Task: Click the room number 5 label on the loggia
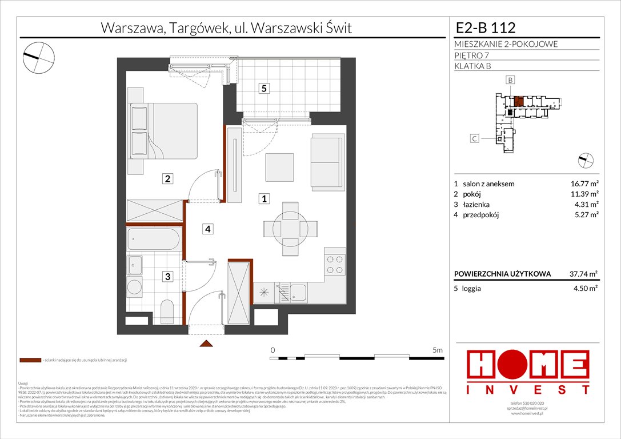[x=263, y=89]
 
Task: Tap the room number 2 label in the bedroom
[x=167, y=178]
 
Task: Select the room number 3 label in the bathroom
[x=167, y=277]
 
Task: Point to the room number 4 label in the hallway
[x=209, y=229]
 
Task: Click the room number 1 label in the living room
[x=263, y=199]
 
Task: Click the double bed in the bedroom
[x=163, y=131]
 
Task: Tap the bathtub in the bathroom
[x=154, y=239]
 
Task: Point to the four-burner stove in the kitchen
[x=335, y=265]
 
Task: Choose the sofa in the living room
[x=327, y=158]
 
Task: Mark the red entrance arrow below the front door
[x=206, y=344]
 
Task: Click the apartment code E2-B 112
[x=486, y=27]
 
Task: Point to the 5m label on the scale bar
[x=439, y=349]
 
